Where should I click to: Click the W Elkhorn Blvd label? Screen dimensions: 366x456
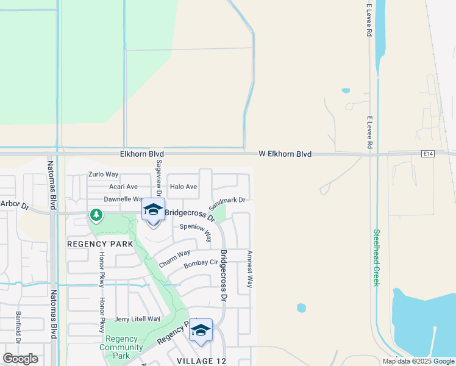tap(285, 154)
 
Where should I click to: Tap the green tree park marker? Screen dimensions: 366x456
tap(96, 215)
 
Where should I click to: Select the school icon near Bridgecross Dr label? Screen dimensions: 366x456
tap(153, 210)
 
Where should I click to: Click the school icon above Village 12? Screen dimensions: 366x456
tap(201, 330)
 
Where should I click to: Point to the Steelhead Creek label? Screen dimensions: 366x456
tap(376, 257)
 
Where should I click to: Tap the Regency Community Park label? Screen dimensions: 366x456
tap(123, 348)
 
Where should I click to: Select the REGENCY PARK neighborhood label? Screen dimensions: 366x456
tap(100, 244)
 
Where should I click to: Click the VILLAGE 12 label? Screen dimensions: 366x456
tap(201, 361)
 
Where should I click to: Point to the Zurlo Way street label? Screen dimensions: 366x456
tap(103, 174)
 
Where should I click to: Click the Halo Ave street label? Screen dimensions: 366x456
tap(183, 187)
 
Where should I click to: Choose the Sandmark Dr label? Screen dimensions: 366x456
tap(227, 200)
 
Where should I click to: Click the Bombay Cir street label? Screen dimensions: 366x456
tap(201, 263)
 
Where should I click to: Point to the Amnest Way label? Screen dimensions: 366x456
tap(249, 269)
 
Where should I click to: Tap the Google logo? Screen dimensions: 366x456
tap(20, 359)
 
